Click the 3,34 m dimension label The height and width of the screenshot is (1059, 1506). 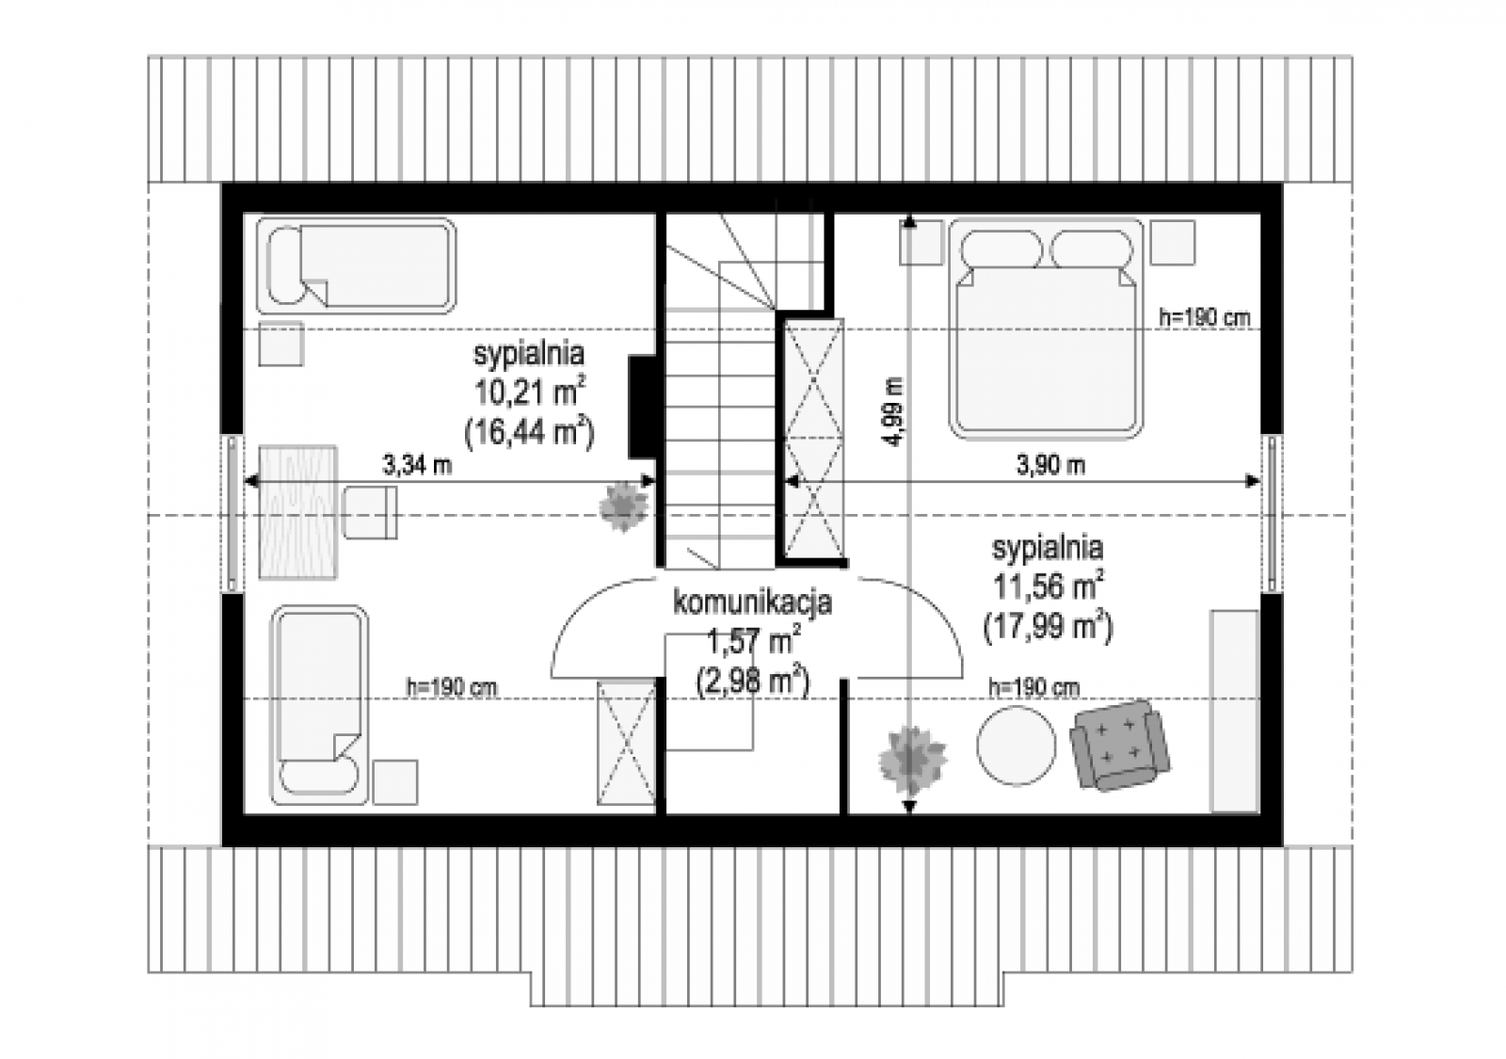417,465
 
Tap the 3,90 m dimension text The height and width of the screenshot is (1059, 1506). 1050,465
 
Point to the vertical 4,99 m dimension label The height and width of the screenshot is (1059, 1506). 894,411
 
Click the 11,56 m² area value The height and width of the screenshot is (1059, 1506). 1049,586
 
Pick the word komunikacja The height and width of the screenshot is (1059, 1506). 752,602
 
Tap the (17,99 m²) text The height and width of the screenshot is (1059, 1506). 1049,628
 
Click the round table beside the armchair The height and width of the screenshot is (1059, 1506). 1016,745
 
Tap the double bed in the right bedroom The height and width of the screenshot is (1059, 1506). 1046,329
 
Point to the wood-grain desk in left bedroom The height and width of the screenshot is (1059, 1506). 297,512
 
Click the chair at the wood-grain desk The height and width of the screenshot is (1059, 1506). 370,513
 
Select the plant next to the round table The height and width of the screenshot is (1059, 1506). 912,760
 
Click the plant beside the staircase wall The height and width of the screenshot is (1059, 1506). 623,506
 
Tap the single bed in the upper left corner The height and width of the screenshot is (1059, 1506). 357,265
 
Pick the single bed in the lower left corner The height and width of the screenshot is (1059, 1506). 319,705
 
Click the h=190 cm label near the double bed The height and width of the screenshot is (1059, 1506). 1205,317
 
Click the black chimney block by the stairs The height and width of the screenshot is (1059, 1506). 642,408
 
